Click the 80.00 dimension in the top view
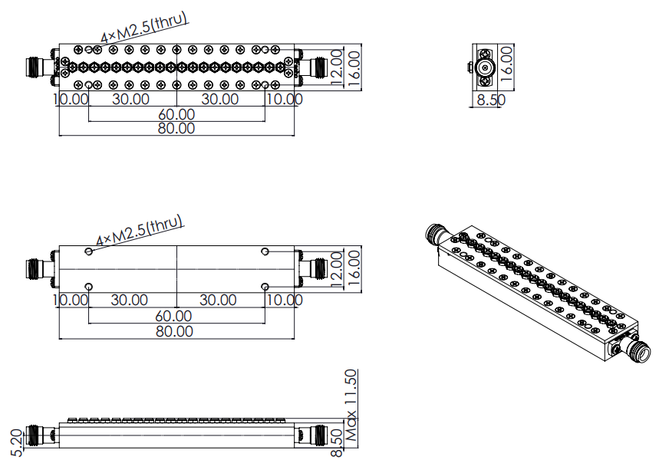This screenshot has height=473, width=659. [176, 128]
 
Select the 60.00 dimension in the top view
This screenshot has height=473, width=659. [176, 114]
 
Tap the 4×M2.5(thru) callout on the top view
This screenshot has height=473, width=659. [144, 28]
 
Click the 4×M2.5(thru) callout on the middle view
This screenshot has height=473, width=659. [140, 231]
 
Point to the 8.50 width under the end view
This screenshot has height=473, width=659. [491, 100]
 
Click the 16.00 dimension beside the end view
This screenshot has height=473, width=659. [507, 64]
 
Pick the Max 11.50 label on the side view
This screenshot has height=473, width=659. [351, 405]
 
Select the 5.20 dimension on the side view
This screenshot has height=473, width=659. [16, 443]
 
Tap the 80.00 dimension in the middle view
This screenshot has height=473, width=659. [174, 331]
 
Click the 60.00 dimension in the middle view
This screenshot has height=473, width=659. [173, 316]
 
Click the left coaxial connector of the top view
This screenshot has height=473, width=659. [41, 67]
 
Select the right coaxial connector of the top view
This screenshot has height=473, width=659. [313, 67]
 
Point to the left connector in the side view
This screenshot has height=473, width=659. [41, 435]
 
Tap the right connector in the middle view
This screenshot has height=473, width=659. [313, 269]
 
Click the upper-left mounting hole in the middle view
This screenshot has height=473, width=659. [89, 251]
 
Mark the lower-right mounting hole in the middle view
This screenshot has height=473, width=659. [265, 287]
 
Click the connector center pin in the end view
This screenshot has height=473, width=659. [486, 67]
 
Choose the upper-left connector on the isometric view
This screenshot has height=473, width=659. [437, 234]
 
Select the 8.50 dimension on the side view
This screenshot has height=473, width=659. [337, 443]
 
